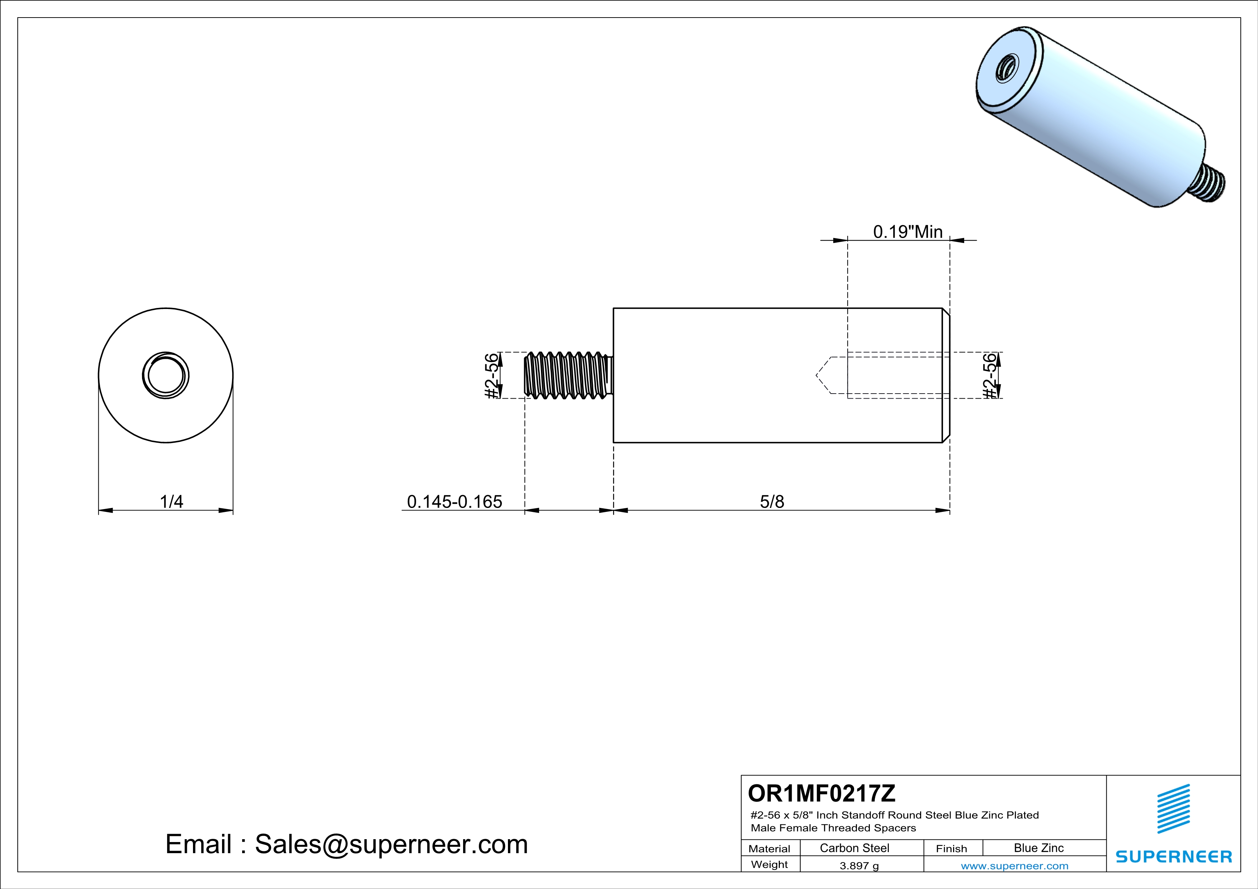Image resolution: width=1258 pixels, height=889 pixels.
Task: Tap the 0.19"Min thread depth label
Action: (907, 232)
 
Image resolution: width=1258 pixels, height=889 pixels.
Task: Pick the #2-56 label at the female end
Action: (990, 376)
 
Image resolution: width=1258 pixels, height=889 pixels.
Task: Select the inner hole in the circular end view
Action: (165, 376)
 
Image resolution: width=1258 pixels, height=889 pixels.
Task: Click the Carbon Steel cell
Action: (854, 848)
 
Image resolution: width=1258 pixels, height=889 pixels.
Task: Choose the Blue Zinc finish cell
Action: (1038, 848)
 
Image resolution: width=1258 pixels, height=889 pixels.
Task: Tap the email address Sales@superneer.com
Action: (391, 843)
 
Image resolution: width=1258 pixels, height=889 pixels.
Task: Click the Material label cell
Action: (769, 848)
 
